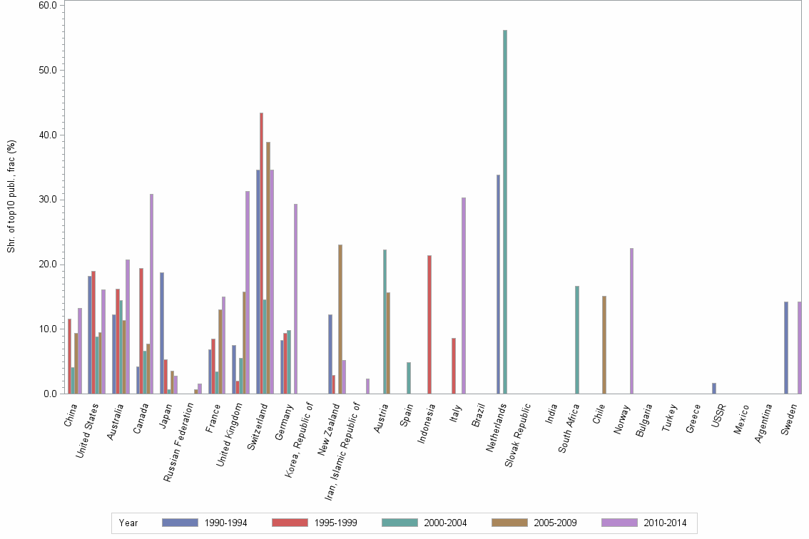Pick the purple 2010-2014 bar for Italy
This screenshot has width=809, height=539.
pos(463,295)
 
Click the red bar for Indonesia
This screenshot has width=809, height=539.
pos(429,324)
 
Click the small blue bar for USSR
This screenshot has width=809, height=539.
pos(714,388)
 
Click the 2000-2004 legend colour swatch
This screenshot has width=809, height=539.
pos(400,523)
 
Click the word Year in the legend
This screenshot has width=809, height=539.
pos(129,523)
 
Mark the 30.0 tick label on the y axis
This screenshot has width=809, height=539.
pos(48,200)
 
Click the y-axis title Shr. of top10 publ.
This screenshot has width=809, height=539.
pos(11,195)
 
